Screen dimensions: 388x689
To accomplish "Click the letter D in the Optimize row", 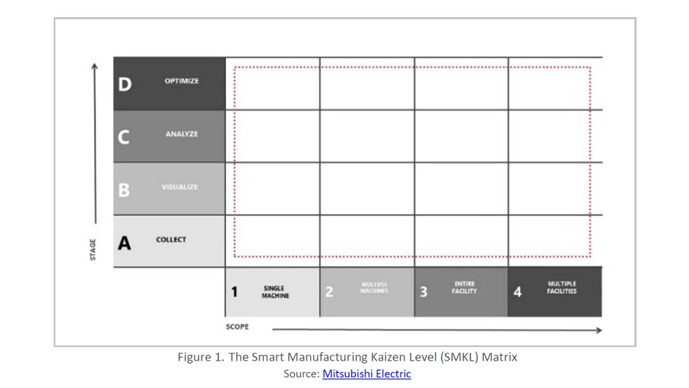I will (125, 84).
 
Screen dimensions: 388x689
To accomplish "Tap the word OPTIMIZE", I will (182, 81).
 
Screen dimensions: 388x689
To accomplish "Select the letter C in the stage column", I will (124, 137).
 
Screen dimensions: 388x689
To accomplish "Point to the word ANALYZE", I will (182, 134).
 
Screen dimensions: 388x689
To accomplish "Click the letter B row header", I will (124, 190).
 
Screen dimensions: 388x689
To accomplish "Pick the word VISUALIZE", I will (179, 187).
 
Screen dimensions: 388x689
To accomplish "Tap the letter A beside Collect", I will (125, 243).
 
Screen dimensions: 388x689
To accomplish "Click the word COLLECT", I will (171, 240).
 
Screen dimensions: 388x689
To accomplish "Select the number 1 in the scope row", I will (234, 292).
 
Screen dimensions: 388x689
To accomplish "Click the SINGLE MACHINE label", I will (275, 292).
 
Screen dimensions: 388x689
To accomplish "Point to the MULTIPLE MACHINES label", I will (374, 288).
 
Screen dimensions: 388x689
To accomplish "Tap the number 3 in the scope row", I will (423, 292).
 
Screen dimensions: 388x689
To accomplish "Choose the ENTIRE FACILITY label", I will (465, 287).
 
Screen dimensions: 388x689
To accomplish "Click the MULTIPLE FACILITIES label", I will (561, 287).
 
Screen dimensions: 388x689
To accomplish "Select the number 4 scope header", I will (517, 292).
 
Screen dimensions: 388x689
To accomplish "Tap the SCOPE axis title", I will (238, 327).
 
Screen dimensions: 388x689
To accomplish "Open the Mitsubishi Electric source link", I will (366, 374).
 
